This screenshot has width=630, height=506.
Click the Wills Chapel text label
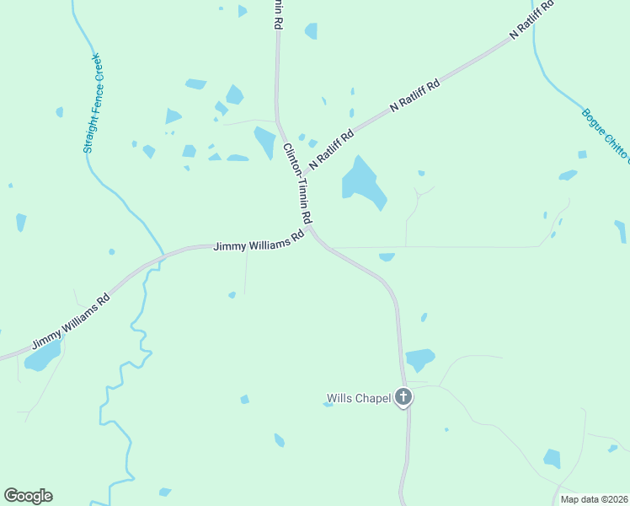coord(359,398)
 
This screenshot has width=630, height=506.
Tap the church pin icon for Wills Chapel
coord(403,397)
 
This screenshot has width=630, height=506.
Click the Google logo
coord(28,496)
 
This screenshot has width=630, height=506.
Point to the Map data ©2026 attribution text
coord(594,499)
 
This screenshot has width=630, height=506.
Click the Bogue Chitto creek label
coord(605,135)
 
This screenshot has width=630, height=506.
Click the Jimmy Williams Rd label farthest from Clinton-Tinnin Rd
coord(71,321)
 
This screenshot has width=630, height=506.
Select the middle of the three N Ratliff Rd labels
coord(414,97)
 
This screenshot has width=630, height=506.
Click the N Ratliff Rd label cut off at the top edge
coord(532,20)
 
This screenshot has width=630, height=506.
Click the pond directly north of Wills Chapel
coord(419,359)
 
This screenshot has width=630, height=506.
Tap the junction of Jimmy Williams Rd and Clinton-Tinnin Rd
coord(312,229)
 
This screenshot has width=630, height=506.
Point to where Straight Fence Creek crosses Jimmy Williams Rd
coord(159,257)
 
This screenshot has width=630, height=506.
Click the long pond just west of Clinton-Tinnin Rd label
coord(265,142)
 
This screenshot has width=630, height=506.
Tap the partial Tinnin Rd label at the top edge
coord(276,14)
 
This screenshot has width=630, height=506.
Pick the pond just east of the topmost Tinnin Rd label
coord(312,31)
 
